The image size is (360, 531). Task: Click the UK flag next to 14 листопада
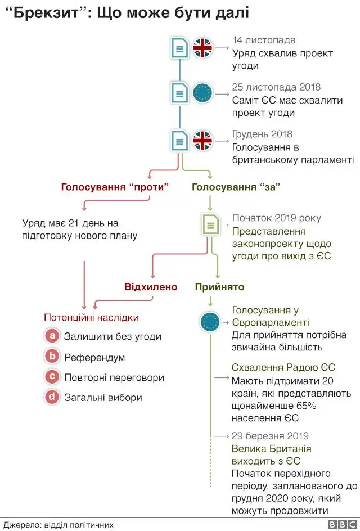tap(202, 48)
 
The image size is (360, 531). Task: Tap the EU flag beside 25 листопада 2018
tap(202, 94)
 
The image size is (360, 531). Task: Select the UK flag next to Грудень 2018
tap(202, 140)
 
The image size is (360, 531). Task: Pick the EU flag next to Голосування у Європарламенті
tap(210, 322)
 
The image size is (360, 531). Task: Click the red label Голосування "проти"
tap(115, 187)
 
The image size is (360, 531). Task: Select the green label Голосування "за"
tap(236, 187)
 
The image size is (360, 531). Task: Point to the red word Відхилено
tap(151, 287)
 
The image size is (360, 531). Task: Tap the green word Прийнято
tap(219, 287)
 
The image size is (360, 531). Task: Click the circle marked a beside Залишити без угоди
tap(52, 336)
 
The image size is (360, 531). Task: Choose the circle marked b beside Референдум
tap(52, 357)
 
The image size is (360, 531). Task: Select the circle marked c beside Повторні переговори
tap(52, 377)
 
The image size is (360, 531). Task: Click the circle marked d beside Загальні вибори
tap(52, 397)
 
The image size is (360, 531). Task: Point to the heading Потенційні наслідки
tap(91, 317)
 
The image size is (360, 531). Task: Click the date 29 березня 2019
tap(270, 436)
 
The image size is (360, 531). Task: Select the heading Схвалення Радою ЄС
tap(283, 367)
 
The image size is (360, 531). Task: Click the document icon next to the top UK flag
tap(179, 48)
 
